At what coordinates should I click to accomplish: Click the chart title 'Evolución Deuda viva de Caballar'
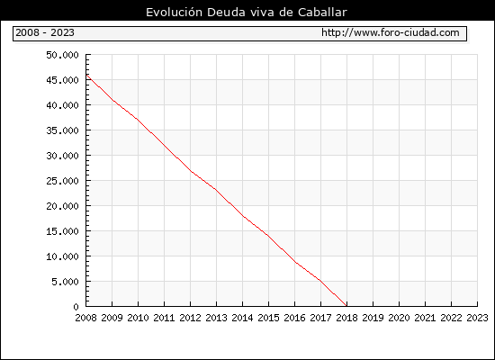[x=247, y=12]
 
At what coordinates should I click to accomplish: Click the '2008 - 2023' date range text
[x=45, y=32]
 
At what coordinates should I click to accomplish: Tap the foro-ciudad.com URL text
[x=391, y=32]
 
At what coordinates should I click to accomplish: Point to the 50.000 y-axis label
[x=62, y=55]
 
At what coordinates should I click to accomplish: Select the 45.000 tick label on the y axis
[x=62, y=80]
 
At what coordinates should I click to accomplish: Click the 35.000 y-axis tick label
[x=62, y=130]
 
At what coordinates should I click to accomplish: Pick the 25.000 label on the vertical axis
[x=62, y=181]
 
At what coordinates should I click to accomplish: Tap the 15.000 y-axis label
[x=62, y=230]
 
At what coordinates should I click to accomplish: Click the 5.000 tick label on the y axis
[x=65, y=282]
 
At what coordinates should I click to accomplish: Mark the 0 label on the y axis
[x=76, y=307]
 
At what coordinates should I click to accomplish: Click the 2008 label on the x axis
[x=85, y=318]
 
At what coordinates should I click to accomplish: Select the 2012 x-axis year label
[x=191, y=318]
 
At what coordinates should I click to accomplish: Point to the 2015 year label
[x=269, y=318]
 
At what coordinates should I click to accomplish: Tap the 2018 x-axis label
[x=346, y=318]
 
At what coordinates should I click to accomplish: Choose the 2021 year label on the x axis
[x=425, y=318]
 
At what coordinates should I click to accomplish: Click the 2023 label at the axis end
[x=477, y=318]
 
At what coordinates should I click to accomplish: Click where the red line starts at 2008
[x=86, y=75]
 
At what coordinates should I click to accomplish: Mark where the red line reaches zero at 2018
[x=346, y=306]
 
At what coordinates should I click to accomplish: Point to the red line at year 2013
[x=216, y=190]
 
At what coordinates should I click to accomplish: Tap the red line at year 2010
[x=138, y=120]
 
